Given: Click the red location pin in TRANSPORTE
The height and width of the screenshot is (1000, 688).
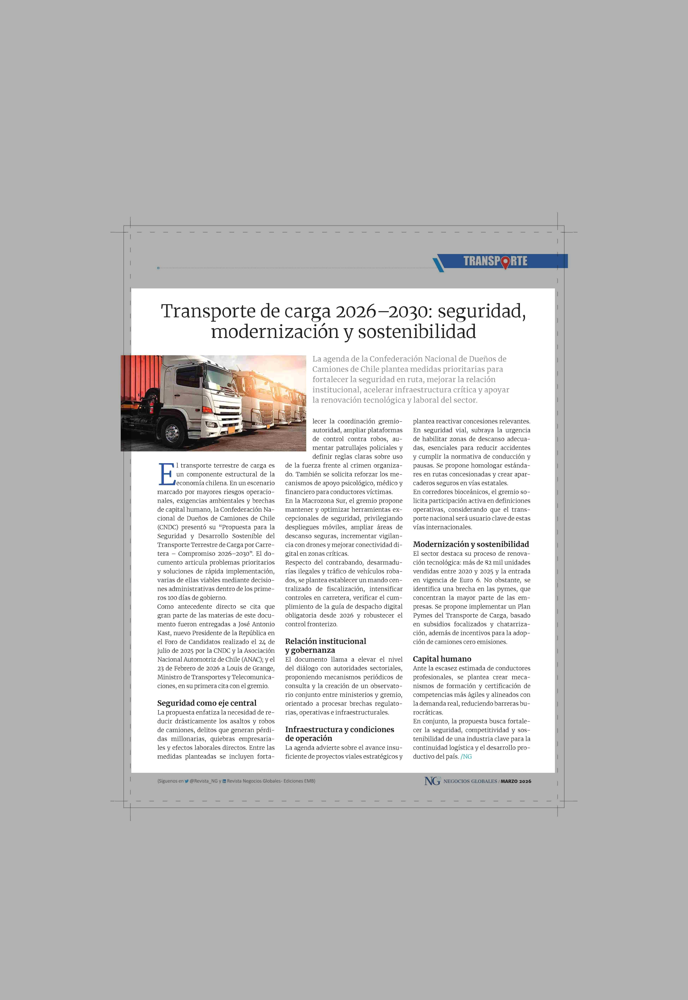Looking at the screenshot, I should pos(504,262).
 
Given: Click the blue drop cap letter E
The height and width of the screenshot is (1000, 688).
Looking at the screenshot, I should pos(166,474).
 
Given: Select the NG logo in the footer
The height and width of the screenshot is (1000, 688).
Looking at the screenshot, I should pos(432,781).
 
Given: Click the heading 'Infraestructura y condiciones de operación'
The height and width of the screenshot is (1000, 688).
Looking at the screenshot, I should pos(339,734).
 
